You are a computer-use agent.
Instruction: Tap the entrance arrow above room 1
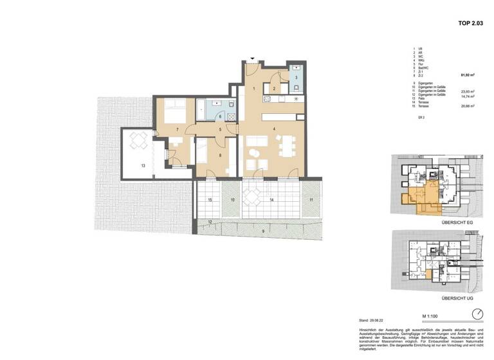pos(253,59)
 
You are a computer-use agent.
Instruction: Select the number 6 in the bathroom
pos(220,116)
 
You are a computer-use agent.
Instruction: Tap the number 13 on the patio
pos(143,166)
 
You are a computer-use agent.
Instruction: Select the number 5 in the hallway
pos(219,130)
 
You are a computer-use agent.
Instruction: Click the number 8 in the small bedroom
pos(219,155)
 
